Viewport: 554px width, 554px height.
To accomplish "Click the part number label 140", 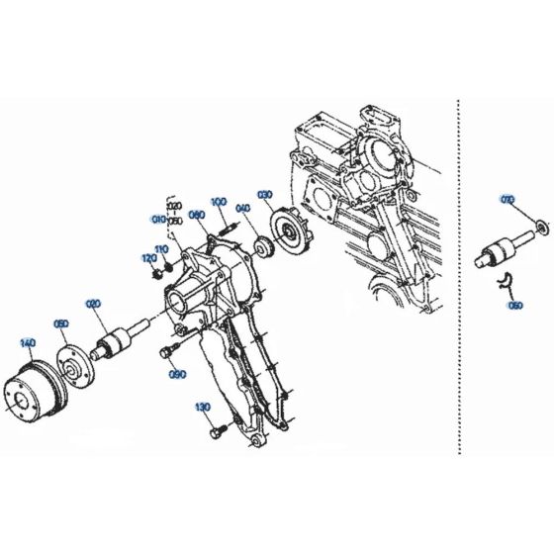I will click(28, 342).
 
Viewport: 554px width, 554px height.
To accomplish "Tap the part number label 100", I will click(219, 202).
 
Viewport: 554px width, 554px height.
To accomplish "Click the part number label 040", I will click(242, 208).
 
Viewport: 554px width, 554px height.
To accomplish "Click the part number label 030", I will click(265, 194).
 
